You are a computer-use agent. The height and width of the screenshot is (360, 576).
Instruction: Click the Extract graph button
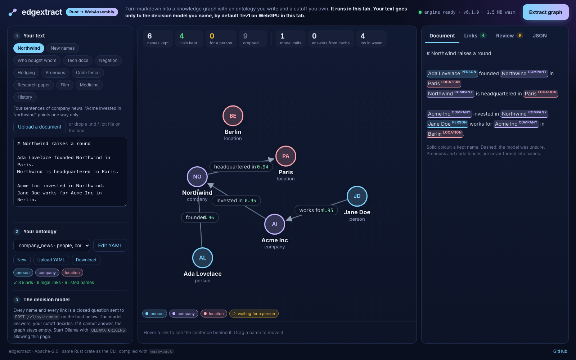(545, 12)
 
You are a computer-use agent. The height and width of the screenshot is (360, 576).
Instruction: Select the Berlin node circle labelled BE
(233, 116)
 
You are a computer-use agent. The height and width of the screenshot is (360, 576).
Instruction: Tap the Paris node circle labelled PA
(286, 156)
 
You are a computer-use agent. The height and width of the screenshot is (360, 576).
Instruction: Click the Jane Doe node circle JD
(357, 196)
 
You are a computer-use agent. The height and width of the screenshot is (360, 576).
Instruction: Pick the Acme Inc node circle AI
(275, 224)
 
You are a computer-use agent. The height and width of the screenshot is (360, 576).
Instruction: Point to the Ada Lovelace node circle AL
(203, 258)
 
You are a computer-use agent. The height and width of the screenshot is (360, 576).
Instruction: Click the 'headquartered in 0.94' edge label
(241, 167)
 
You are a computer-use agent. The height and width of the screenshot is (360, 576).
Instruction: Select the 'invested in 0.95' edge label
(236, 201)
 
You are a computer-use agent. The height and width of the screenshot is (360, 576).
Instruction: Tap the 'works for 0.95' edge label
(316, 210)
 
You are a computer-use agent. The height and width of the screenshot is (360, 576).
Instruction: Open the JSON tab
(540, 36)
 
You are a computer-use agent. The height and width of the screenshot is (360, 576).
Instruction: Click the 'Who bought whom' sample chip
(37, 60)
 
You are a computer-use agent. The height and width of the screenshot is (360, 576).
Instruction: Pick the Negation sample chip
(108, 60)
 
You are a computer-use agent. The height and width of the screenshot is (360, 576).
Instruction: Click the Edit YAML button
(110, 246)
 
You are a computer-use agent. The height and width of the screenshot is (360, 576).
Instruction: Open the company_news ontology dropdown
(52, 246)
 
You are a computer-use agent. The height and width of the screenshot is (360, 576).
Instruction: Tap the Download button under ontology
(86, 260)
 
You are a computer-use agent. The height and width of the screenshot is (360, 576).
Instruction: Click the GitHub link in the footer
(560, 351)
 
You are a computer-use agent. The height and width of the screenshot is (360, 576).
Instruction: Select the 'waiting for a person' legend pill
(254, 314)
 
